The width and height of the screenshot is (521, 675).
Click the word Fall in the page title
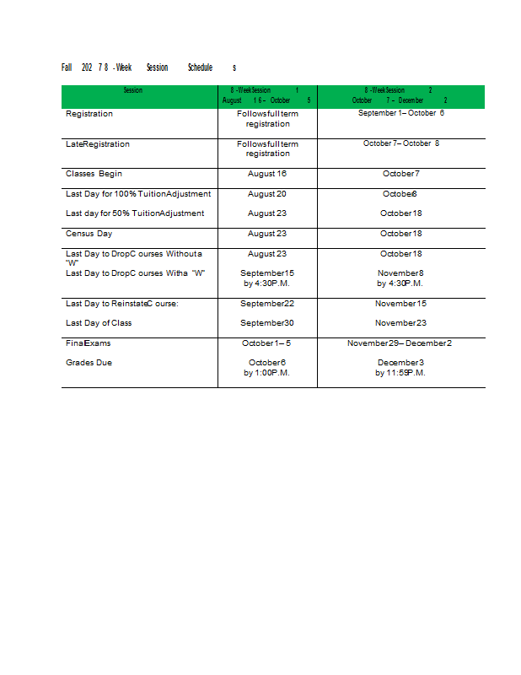(x=67, y=67)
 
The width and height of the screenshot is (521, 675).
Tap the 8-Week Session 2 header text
(x=400, y=90)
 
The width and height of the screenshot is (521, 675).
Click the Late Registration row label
(x=98, y=144)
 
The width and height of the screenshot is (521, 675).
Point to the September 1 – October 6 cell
(x=400, y=113)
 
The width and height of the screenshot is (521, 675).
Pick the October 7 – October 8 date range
(x=400, y=143)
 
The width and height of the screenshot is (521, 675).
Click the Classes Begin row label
(x=94, y=174)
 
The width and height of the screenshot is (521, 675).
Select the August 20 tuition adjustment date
(x=267, y=194)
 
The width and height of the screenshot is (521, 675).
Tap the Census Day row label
(x=89, y=234)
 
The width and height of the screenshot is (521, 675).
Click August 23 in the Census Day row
(x=267, y=234)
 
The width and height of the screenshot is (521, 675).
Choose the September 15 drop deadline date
(x=267, y=273)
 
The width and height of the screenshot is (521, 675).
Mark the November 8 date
(x=400, y=273)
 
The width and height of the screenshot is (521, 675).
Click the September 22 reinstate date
(x=267, y=304)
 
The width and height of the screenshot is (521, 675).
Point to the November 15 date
(x=400, y=304)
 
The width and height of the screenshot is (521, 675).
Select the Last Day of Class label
(x=99, y=323)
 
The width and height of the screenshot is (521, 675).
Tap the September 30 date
(x=267, y=323)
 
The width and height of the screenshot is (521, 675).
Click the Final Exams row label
(x=88, y=343)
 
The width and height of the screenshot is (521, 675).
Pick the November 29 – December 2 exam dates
(x=400, y=343)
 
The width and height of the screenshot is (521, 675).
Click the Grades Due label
(x=89, y=363)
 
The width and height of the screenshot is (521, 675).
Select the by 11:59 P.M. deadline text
(x=400, y=373)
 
